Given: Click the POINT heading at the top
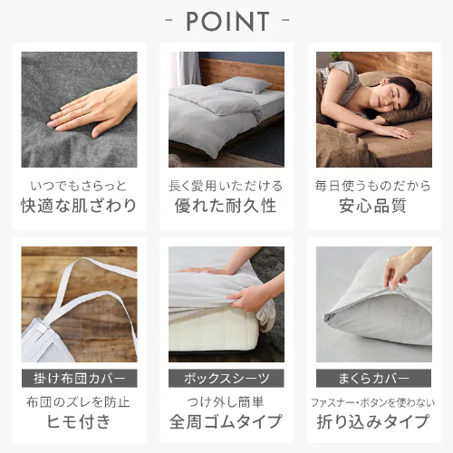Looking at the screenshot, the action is coord(227,21).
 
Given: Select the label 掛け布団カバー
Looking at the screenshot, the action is coord(80,378).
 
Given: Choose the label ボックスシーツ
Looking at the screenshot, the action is coord(226,378).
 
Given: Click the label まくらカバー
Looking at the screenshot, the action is coord(374,378).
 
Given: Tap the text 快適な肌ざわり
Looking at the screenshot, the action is coord(79,206).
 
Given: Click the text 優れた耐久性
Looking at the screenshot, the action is coord(226,206).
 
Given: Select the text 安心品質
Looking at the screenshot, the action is coord(372,206).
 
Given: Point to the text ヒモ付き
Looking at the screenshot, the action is coord(79,421).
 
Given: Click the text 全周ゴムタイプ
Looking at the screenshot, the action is coord(226,421).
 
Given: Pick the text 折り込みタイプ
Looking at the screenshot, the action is coord(373,421).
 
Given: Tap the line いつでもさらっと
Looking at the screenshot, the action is coord(79,186).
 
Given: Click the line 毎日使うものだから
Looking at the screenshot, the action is coord(373,186).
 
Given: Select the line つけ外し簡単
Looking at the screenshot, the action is coord(226,402).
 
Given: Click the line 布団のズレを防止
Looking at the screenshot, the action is coord(78,402).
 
